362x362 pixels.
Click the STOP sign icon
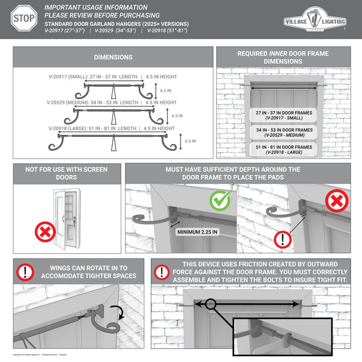pyautogui.click(x=23, y=19)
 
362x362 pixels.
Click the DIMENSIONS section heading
pyautogui.click(x=113, y=57)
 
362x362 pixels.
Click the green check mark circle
pyautogui.click(x=220, y=200)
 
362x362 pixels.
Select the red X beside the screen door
pyautogui.click(x=44, y=231)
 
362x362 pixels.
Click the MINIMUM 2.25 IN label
pyautogui.click(x=197, y=231)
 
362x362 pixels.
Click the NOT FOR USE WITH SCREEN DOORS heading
pyautogui.click(x=68, y=174)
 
